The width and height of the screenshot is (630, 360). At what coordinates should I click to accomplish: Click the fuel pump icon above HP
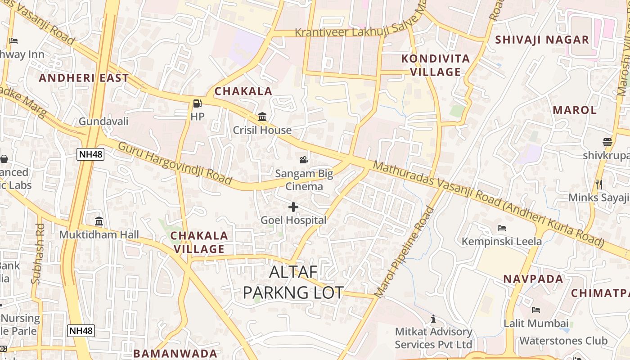(x=197, y=103)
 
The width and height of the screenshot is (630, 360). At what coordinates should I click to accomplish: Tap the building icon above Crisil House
(x=262, y=117)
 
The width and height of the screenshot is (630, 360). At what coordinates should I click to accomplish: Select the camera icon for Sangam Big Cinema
(x=304, y=160)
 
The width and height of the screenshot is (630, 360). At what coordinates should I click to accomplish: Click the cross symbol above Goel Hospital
(x=293, y=207)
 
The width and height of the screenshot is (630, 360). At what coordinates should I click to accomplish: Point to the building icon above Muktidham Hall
(x=99, y=221)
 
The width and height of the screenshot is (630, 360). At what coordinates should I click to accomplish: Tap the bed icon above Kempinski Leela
(x=501, y=228)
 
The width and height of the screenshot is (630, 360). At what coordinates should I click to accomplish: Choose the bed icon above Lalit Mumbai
(x=535, y=310)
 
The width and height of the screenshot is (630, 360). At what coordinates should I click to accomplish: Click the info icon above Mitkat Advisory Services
(x=433, y=319)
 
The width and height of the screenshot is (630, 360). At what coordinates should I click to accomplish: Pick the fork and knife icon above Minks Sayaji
(x=599, y=184)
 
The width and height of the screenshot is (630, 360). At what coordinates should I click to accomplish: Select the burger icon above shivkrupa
(x=607, y=142)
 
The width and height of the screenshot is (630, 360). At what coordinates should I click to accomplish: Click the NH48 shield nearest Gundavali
(x=90, y=154)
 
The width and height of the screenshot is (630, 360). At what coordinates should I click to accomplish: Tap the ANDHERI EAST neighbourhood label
(x=84, y=78)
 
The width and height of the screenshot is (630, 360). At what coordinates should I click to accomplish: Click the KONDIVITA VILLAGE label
(x=435, y=65)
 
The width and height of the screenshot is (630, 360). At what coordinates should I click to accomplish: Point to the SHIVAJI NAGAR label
(x=542, y=40)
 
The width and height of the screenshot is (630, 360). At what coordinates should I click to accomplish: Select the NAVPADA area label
(x=533, y=279)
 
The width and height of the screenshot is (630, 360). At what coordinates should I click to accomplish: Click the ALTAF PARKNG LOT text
(x=293, y=282)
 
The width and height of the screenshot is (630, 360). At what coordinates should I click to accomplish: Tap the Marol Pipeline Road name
(x=405, y=252)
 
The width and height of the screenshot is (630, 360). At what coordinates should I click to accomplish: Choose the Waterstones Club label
(x=563, y=341)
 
